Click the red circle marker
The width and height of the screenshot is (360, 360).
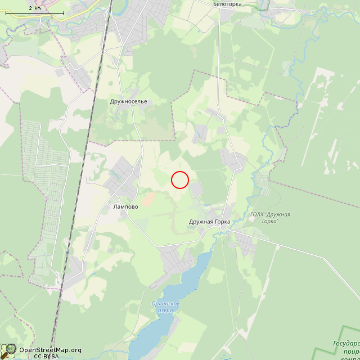[179, 179]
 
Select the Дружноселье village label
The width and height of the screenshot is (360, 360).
[129, 102]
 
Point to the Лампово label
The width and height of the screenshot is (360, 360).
[125, 206]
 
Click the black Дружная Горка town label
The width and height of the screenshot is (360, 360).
[209, 222]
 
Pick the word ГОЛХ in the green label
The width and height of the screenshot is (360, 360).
[257, 214]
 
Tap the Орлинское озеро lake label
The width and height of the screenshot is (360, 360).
[165, 307]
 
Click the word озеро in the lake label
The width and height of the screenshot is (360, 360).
[165, 310]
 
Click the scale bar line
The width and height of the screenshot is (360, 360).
[34, 12]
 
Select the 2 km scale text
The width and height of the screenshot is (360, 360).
[34, 7]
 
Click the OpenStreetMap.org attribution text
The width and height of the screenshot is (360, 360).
[50, 350]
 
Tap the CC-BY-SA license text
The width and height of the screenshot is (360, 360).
[46, 356]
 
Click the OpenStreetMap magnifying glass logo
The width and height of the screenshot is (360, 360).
[8, 350]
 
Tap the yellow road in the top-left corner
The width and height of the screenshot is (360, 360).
[84, 11]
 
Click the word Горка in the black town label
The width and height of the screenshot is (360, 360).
[221, 222]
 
